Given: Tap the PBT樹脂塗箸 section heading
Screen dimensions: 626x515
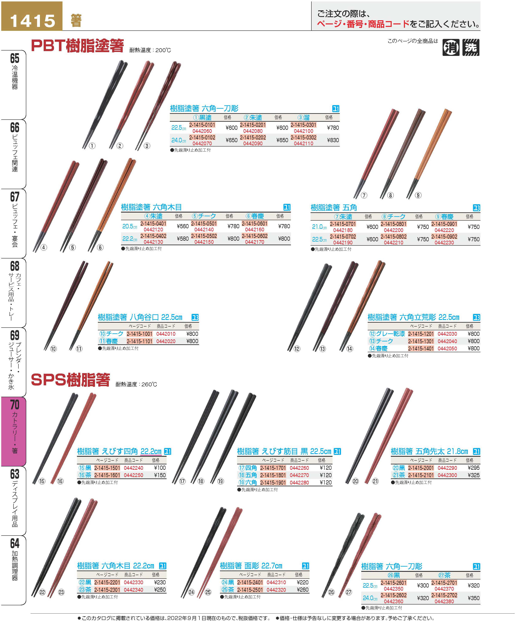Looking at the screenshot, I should click(77, 46).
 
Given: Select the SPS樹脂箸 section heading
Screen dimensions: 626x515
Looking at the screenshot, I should click(70, 380).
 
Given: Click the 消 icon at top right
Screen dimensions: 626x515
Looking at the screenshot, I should click(451, 47).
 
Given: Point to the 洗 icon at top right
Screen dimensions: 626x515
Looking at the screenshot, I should click(471, 47).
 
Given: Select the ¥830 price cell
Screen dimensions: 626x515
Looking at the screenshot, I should click(333, 140).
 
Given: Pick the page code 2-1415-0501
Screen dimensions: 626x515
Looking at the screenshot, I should click(204, 223).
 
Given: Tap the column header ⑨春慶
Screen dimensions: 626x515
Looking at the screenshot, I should click(444, 217).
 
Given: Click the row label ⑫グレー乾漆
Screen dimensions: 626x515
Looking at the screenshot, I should click(387, 334).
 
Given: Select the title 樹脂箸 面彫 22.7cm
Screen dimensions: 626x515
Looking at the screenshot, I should click(251, 566).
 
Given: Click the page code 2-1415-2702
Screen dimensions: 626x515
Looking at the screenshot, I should click(444, 595).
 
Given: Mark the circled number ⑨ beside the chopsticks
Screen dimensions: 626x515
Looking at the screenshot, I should click(418, 195).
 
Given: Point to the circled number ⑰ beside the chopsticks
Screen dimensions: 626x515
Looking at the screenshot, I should click(182, 481).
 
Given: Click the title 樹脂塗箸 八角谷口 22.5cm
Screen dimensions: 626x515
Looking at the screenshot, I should click(140, 317).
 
